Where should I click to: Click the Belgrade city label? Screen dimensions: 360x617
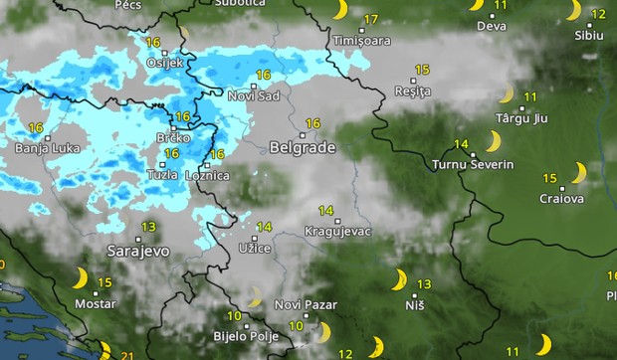point(302,147)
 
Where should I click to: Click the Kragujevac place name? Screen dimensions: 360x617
point(338,233)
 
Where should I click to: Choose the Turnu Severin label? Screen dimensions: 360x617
point(473,164)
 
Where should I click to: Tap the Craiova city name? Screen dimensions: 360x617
point(559,199)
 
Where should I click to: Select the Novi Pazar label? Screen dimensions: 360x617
point(306,304)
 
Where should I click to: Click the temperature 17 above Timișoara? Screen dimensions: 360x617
point(371,20)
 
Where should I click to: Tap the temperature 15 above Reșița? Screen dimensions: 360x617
point(422,70)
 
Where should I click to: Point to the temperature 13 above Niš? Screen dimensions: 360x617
point(424,284)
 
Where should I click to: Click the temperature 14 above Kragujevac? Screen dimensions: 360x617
point(325,211)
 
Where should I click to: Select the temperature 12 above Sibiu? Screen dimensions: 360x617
point(598,14)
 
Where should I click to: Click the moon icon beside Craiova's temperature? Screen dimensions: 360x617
point(578,173)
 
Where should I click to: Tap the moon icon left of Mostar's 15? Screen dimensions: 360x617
point(80,277)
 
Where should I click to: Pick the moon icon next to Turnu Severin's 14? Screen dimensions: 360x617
point(492,141)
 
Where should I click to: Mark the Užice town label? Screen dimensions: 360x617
point(254,248)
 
